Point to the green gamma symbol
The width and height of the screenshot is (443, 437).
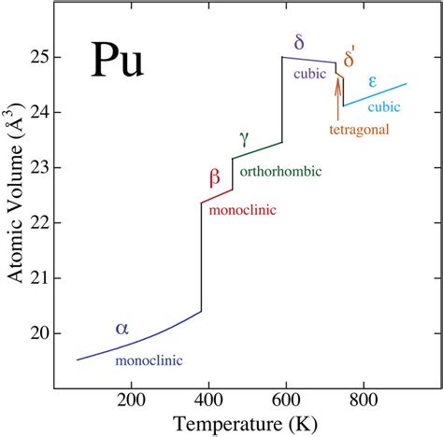[x=244, y=138]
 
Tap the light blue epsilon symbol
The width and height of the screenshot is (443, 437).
[x=372, y=82]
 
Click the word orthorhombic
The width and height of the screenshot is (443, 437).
[x=280, y=171]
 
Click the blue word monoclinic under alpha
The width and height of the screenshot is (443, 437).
[x=149, y=359]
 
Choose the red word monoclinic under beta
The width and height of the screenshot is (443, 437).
[x=242, y=211]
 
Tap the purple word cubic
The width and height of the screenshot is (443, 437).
[x=307, y=74]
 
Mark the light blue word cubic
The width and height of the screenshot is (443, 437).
[x=382, y=106]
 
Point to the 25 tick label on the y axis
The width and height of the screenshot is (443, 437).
[x=42, y=58]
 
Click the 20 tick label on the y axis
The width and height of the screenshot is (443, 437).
[x=42, y=333]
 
